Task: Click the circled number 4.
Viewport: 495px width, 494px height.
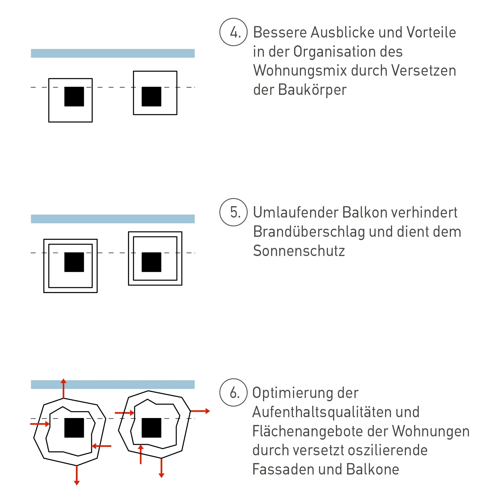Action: coord(234,32)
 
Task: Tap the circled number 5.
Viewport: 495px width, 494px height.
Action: coord(234,212)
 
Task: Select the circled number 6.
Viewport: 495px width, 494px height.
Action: coord(234,393)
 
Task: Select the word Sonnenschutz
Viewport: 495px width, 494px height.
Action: coord(299,251)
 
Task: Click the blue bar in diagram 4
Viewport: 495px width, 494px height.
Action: coord(113,53)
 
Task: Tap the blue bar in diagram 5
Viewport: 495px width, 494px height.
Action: coord(113,219)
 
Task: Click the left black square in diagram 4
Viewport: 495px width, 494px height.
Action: coord(74,97)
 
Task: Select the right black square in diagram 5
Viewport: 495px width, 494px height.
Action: coord(151,262)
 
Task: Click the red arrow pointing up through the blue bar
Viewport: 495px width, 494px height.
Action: coord(63,389)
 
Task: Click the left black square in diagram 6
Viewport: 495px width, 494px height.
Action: coord(74,428)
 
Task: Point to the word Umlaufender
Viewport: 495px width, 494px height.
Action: coord(295,212)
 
